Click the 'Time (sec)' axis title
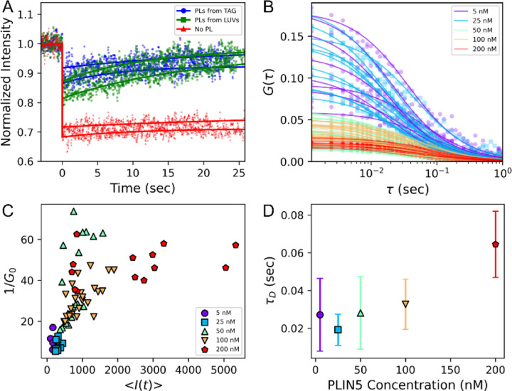pyautogui.click(x=133, y=186)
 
